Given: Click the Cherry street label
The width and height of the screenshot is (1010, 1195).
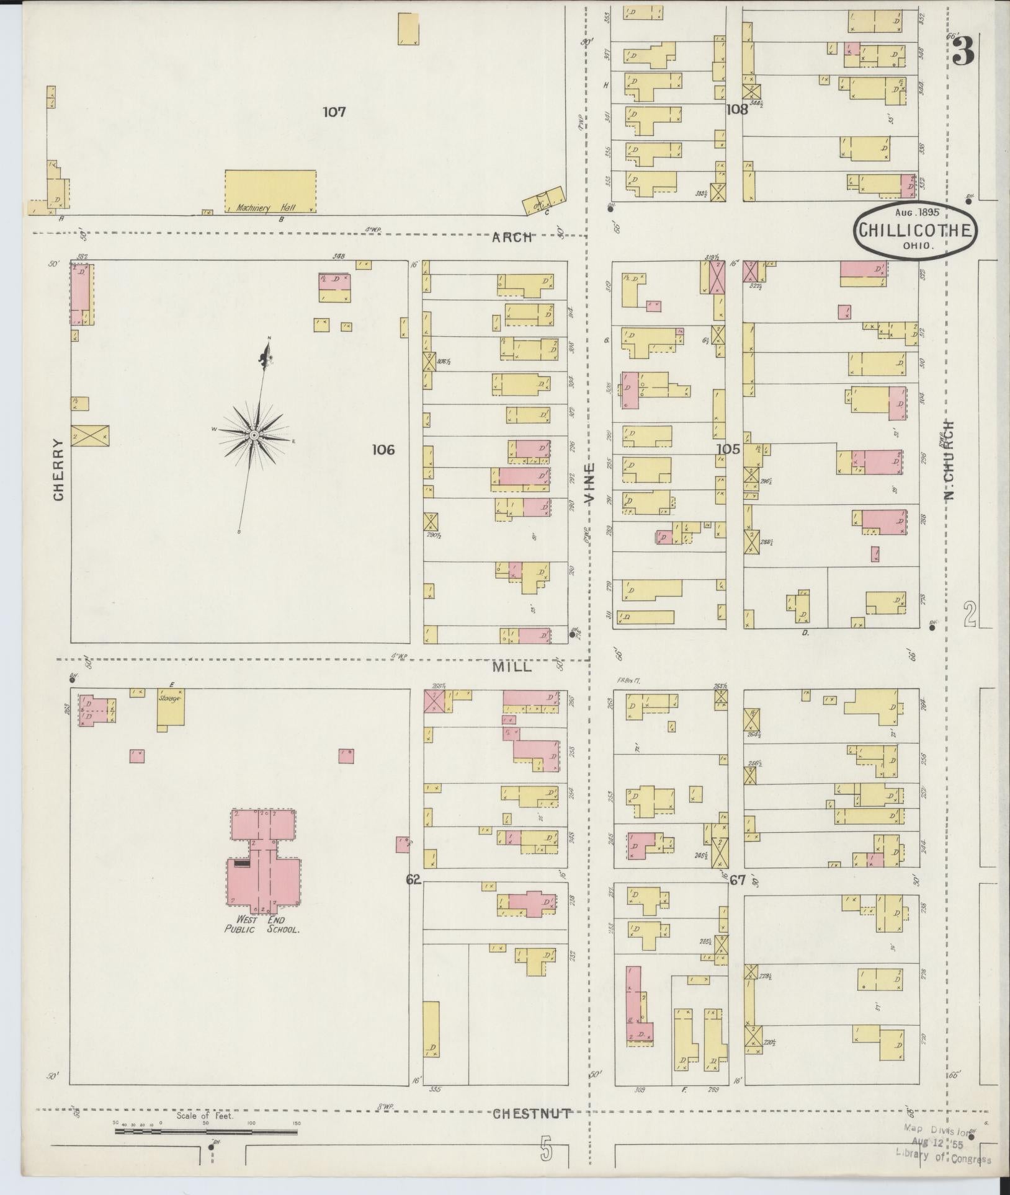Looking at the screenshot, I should (59, 469).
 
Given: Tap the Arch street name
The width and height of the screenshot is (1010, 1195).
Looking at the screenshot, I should (513, 237).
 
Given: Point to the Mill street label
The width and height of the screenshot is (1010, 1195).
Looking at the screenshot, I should (512, 667).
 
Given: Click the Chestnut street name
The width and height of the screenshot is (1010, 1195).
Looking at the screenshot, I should (531, 1114).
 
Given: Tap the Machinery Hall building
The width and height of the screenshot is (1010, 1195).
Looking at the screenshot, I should (270, 192).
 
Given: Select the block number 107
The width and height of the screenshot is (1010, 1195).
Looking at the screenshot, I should (334, 112).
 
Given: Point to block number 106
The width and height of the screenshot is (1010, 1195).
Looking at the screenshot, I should (383, 450).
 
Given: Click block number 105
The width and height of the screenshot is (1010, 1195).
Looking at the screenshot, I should (728, 449).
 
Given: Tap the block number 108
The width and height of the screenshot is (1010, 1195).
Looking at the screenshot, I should (737, 110).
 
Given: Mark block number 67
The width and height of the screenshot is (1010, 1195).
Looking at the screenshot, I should (737, 879).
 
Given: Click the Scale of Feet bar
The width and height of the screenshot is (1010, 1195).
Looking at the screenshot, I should (206, 1132).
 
